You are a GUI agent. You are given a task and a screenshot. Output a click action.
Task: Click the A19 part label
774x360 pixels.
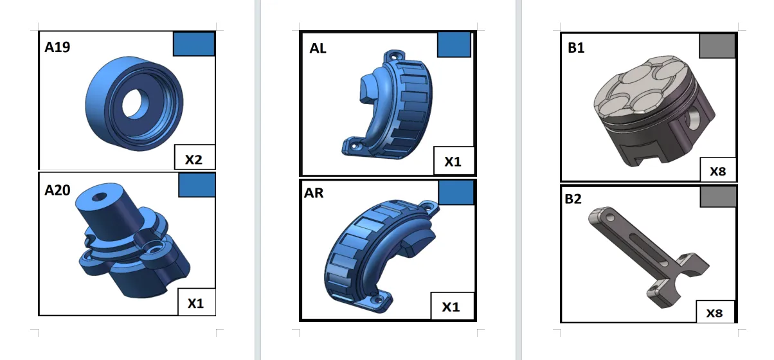pos(57,47)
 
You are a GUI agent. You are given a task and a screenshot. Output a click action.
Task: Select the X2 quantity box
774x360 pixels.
pos(195,157)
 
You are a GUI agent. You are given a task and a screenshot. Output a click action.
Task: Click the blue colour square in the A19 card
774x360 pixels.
pos(194,44)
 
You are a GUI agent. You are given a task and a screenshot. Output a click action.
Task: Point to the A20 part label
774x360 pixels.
pos(57,190)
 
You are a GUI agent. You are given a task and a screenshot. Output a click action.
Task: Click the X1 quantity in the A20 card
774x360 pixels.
pos(195,303)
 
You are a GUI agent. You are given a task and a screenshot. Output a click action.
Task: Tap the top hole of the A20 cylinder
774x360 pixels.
pos(100,197)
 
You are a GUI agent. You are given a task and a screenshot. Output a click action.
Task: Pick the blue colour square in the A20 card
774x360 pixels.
pos(197,185)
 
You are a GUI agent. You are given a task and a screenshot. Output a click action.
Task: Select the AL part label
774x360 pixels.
pos(318,48)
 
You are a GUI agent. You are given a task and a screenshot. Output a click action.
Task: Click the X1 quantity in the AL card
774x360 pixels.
pos(453,161)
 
